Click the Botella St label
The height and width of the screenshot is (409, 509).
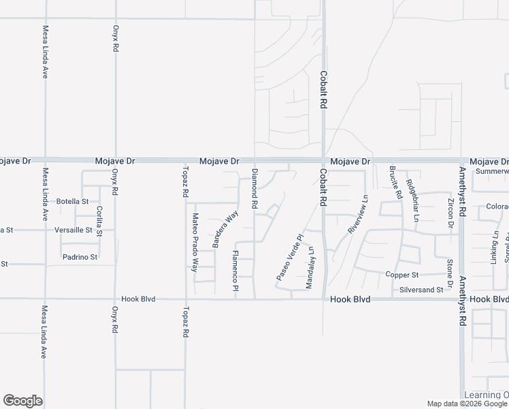(x=73, y=201)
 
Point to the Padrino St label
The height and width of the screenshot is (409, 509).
(x=80, y=257)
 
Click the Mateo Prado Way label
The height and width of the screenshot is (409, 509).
(x=194, y=243)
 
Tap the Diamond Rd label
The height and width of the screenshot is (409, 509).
(x=255, y=189)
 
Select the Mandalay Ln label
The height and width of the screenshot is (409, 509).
(x=311, y=267)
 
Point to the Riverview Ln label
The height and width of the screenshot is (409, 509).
(x=357, y=215)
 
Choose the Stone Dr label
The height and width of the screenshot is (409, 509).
(x=450, y=272)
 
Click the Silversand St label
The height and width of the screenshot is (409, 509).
(x=422, y=290)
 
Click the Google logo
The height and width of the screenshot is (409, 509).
(x=22, y=401)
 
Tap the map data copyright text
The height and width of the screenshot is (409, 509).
(x=467, y=404)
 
